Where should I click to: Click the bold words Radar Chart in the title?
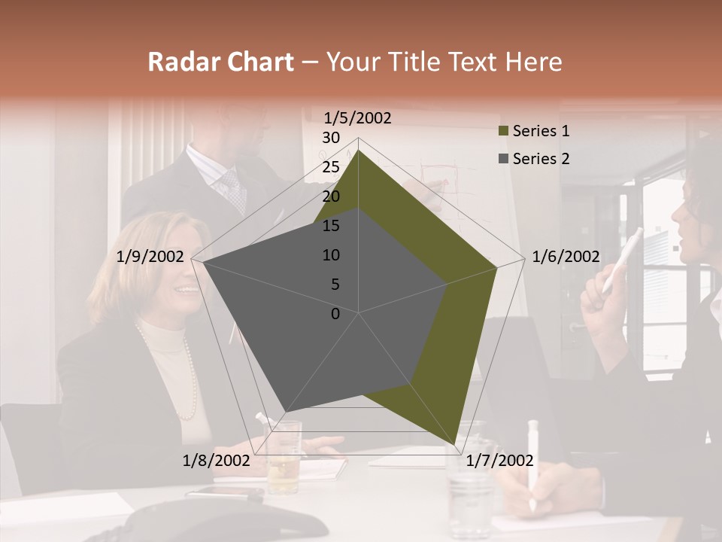(x=220, y=62)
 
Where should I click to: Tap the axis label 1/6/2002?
(x=566, y=257)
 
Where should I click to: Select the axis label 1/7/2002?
(x=499, y=461)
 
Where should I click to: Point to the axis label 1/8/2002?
(x=216, y=461)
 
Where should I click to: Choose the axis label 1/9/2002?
(x=150, y=257)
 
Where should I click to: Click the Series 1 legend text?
(x=541, y=131)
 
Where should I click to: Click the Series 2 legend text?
(x=541, y=159)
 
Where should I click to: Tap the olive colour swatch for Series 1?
(x=504, y=132)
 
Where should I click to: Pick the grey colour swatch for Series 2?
(x=504, y=159)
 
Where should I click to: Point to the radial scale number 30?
(x=331, y=138)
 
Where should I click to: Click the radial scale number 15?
(x=331, y=226)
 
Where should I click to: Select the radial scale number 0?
(x=335, y=314)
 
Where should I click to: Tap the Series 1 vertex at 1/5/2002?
(x=359, y=150)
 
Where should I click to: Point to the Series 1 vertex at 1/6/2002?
(x=496, y=267)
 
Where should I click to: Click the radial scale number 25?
(x=331, y=167)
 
